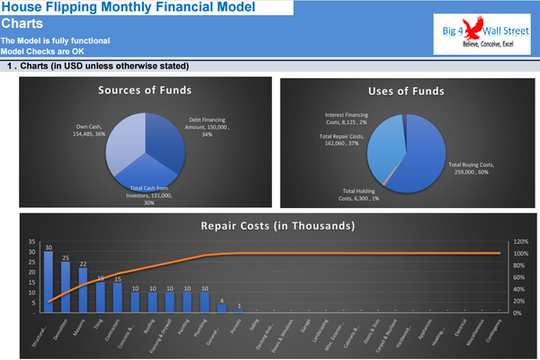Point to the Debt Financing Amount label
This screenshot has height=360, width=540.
[212, 126]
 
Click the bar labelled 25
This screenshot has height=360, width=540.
[66, 286]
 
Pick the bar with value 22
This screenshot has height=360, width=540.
[83, 289]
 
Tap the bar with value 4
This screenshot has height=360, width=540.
[222, 309]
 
